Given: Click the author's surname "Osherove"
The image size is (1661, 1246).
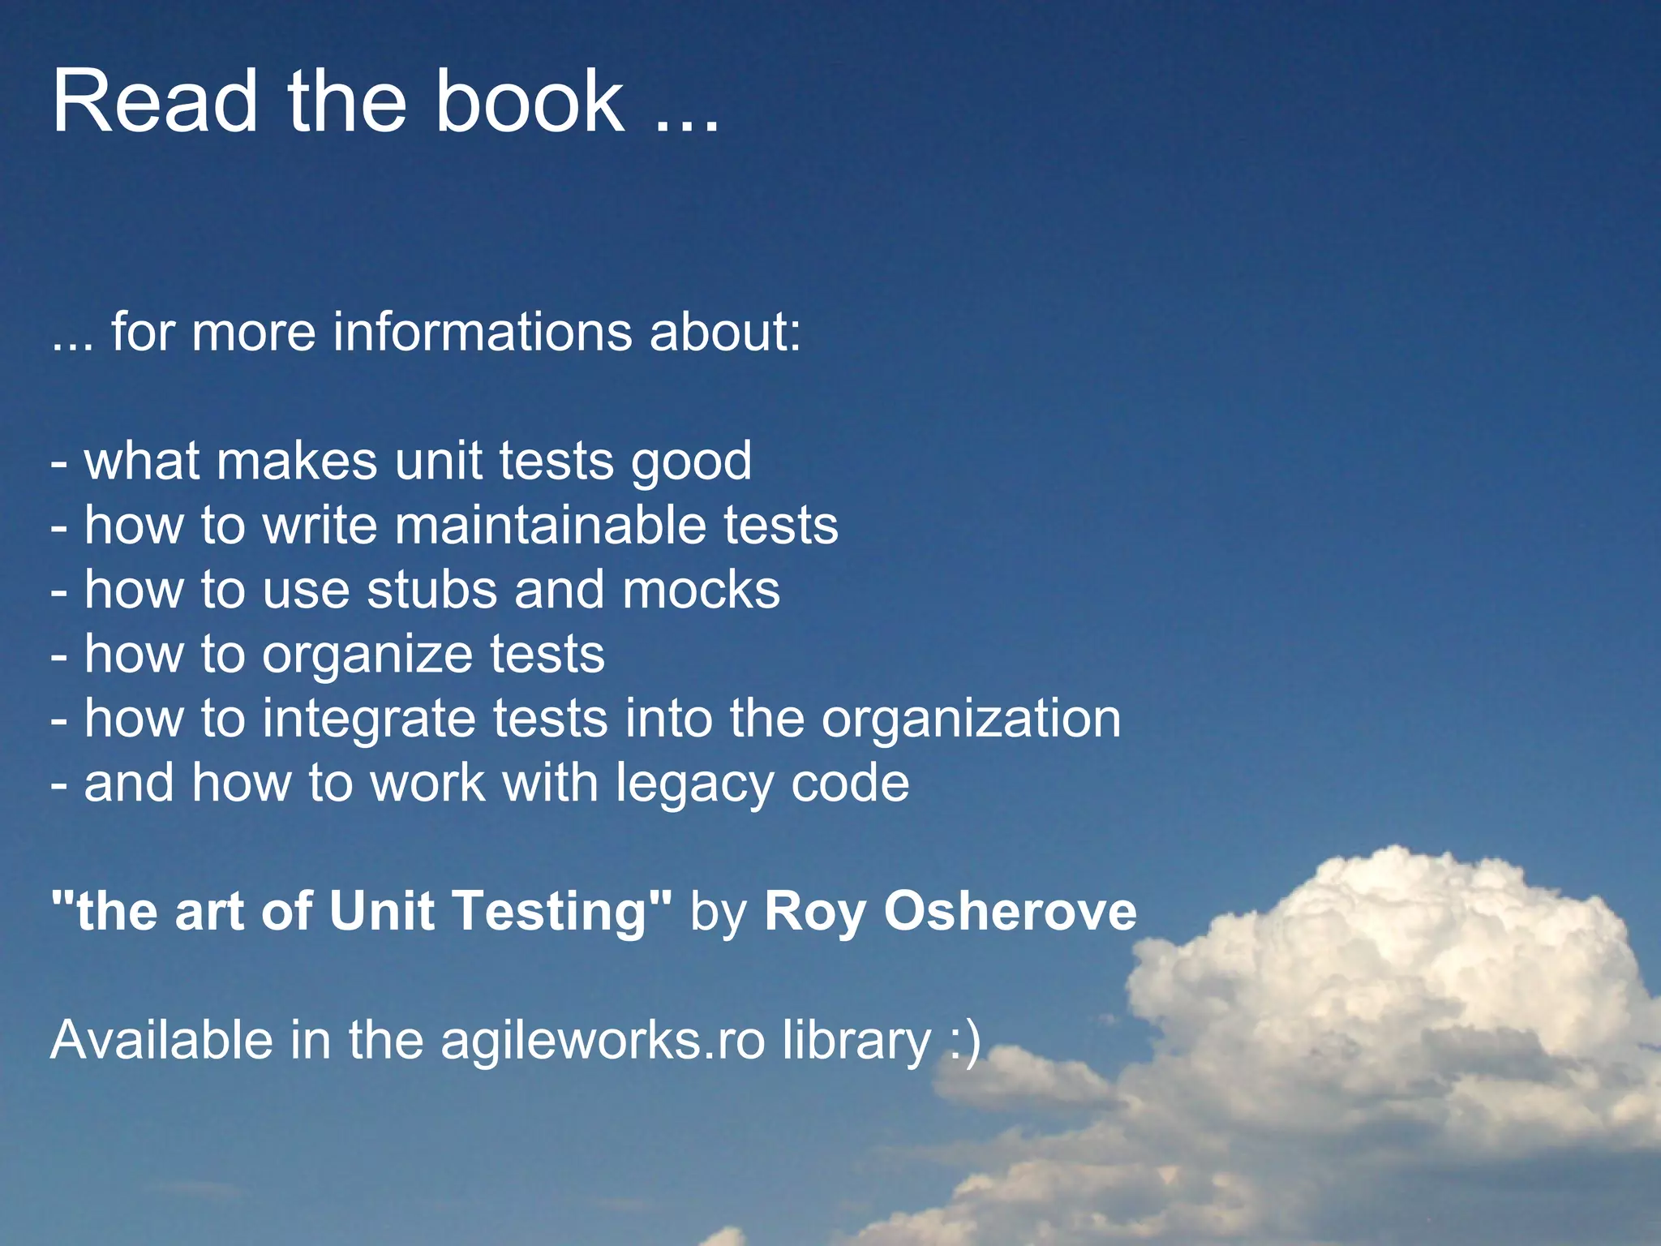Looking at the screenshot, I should pos(1010,911).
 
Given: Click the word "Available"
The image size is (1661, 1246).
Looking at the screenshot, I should pos(161,1040).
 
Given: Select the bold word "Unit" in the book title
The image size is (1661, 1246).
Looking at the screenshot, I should pos(381,911).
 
